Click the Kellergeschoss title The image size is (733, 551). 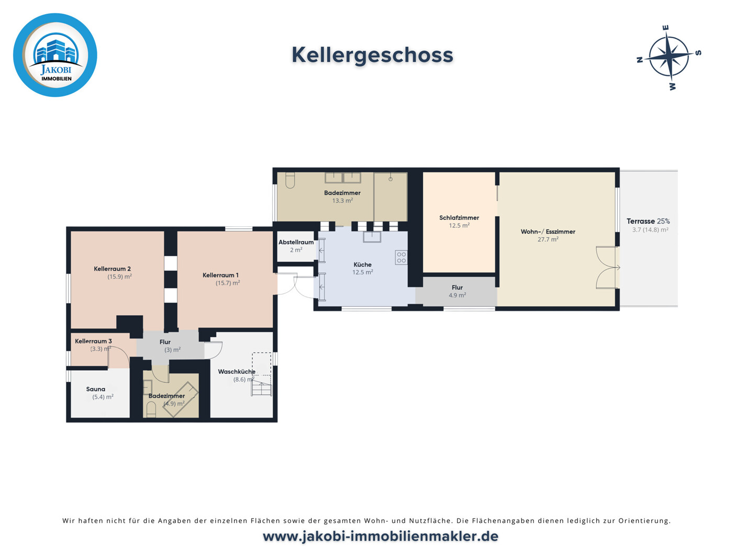(x=372, y=55)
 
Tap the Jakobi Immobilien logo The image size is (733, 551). (x=55, y=55)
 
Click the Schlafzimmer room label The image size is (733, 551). (x=459, y=218)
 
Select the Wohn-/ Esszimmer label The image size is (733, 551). (x=548, y=232)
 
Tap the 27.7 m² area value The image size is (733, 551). (x=548, y=239)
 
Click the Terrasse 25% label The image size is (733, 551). (x=648, y=221)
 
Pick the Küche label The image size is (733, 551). (x=362, y=265)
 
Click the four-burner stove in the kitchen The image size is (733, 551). (x=401, y=258)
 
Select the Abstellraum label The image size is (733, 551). (x=296, y=242)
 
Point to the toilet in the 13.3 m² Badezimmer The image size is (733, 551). (x=290, y=180)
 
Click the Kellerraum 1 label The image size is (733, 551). (x=220, y=275)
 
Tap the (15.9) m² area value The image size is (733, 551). (x=119, y=277)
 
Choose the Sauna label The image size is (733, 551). (x=95, y=389)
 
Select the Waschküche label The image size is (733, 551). (x=237, y=371)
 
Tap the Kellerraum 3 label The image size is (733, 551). (x=93, y=341)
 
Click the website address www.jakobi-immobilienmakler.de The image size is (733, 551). (x=380, y=536)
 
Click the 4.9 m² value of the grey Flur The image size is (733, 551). (x=457, y=295)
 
